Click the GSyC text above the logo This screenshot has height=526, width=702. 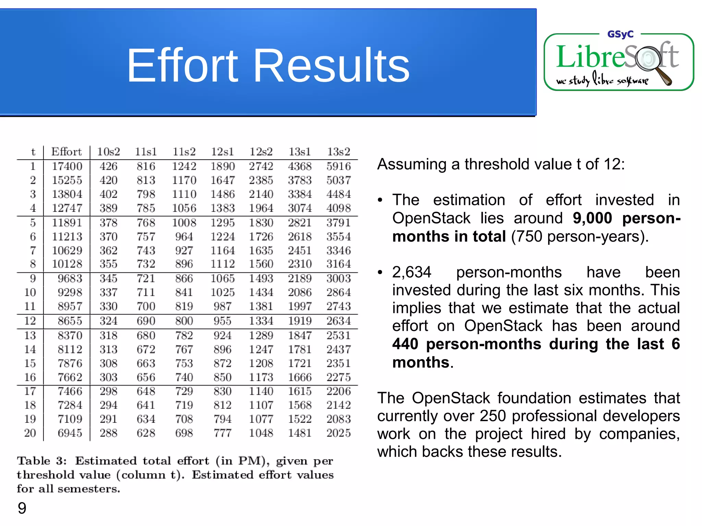(620, 34)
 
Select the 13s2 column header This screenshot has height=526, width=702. (338, 151)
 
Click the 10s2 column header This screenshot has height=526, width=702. (108, 151)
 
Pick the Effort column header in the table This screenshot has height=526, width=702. (66, 151)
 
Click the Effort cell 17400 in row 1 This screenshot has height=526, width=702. (67, 166)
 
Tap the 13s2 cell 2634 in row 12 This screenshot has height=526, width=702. (338, 321)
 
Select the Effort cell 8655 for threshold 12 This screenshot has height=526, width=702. (70, 321)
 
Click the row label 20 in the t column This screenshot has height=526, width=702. (30, 433)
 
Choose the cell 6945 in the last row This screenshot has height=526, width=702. (70, 433)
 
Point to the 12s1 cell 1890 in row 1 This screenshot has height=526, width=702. (222, 166)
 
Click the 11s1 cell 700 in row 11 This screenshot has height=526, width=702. (146, 306)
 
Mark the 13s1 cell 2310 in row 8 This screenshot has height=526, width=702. (300, 264)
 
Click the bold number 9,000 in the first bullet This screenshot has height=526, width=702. (592, 218)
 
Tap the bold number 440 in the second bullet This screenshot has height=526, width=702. (405, 344)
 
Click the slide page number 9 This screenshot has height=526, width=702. (22, 508)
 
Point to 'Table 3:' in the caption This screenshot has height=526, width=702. (42, 461)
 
